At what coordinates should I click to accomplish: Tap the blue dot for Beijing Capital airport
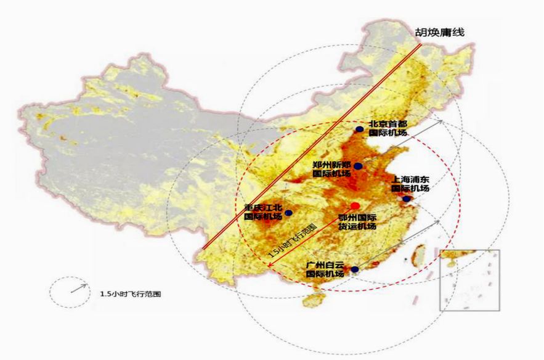(360, 129)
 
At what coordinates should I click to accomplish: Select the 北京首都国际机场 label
(389, 128)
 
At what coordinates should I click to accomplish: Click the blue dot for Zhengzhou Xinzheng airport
(358, 166)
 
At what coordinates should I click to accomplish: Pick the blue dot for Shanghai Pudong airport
(407, 198)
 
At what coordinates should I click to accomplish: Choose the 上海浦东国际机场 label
(410, 184)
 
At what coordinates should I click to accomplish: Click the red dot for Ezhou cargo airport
(355, 205)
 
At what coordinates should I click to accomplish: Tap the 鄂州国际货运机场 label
(358, 222)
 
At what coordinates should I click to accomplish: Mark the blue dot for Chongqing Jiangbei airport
(288, 213)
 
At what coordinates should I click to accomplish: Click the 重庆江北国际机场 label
(263, 212)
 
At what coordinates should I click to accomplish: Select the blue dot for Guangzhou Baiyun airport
(355, 269)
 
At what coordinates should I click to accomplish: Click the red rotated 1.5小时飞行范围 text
(293, 240)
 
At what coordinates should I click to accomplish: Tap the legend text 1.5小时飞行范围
(130, 293)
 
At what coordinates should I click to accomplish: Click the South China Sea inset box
(469, 280)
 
